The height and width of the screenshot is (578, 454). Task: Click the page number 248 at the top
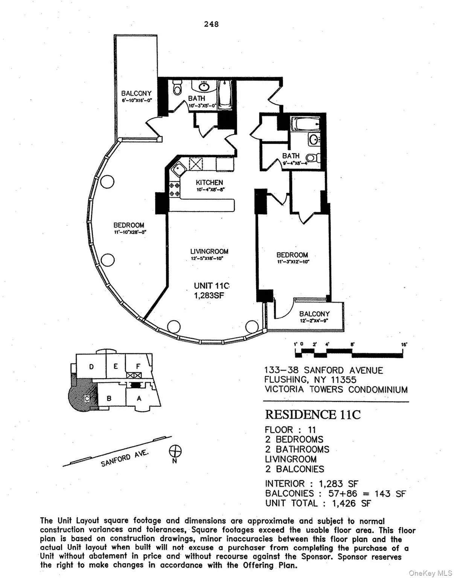click(211, 24)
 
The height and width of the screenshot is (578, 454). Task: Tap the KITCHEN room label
click(209, 183)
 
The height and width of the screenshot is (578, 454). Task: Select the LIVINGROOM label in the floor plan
click(209, 251)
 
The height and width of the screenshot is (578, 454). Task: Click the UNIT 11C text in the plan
click(212, 286)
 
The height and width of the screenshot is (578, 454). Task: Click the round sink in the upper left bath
click(204, 87)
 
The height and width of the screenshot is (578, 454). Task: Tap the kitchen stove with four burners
click(174, 189)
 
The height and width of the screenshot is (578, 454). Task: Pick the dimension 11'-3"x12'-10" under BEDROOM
click(293, 262)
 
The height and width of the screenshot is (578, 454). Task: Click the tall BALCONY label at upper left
click(136, 93)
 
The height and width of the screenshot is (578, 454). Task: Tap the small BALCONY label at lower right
click(314, 314)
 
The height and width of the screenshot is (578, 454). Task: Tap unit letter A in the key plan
click(139, 399)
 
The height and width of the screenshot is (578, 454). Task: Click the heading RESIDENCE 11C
click(312, 415)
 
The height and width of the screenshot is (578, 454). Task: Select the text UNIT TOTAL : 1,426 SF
click(318, 503)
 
